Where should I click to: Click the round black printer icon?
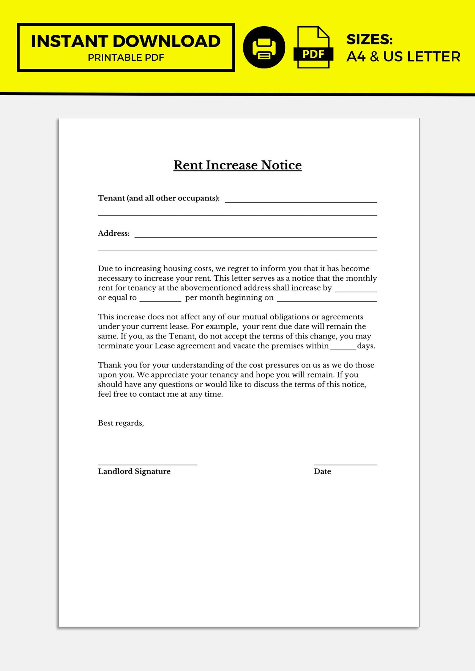click(x=264, y=48)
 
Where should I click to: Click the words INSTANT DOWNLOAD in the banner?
click(x=126, y=41)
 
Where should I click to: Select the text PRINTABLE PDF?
click(x=126, y=57)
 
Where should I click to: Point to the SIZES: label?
click(x=369, y=39)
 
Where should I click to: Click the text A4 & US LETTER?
click(x=403, y=56)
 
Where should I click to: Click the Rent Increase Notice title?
click(x=237, y=165)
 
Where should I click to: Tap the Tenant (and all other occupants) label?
click(x=159, y=198)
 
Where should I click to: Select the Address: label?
click(x=114, y=233)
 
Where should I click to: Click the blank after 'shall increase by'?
click(x=356, y=290)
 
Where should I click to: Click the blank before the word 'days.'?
click(x=343, y=348)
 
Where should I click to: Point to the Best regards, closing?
click(x=121, y=423)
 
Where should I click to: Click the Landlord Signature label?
click(x=134, y=471)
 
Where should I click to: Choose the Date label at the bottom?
click(x=322, y=471)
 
